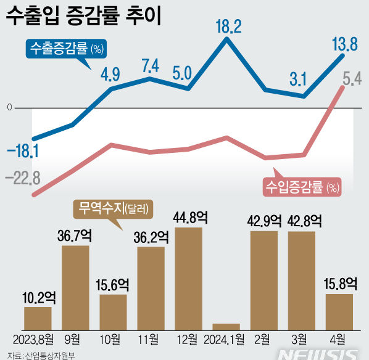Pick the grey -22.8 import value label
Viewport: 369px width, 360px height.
pyautogui.click(x=23, y=179)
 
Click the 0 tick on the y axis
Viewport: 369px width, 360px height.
pyautogui.click(x=9, y=108)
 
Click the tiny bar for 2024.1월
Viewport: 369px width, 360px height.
pyautogui.click(x=226, y=326)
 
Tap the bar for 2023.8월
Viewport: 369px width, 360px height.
pyautogui.click(x=38, y=318)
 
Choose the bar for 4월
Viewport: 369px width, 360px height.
pyautogui.click(x=339, y=311)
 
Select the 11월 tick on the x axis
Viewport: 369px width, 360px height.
pyautogui.click(x=150, y=340)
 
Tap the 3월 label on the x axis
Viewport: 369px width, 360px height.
pyautogui.click(x=302, y=340)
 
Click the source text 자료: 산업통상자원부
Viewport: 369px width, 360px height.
pyautogui.click(x=36, y=355)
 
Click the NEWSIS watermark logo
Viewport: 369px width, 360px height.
pyautogui.click(x=318, y=354)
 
